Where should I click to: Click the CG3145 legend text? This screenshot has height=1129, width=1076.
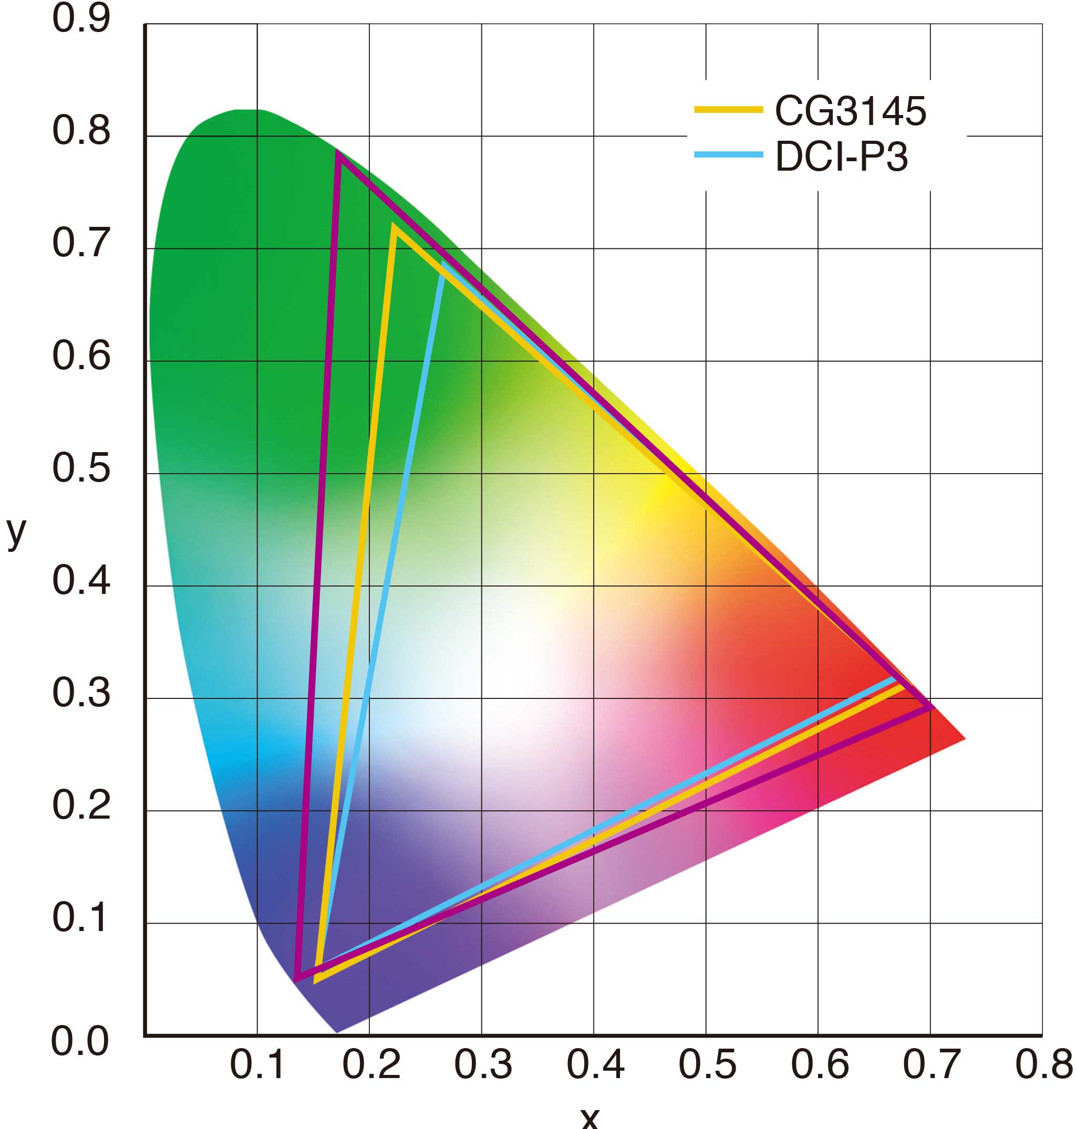pyautogui.click(x=850, y=111)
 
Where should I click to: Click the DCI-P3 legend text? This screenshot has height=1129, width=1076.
pyautogui.click(x=842, y=157)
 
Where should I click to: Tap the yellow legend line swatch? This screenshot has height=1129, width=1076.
pyautogui.click(x=728, y=109)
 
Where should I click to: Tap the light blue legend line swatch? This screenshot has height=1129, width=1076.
pyautogui.click(x=728, y=155)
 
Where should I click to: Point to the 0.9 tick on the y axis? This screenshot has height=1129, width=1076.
pyautogui.click(x=81, y=19)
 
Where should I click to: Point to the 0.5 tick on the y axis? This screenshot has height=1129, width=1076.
pyautogui.click(x=81, y=468)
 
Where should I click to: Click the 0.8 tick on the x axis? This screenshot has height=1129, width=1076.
pyautogui.click(x=1043, y=1065)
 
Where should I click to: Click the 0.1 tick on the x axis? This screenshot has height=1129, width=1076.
pyautogui.click(x=257, y=1065)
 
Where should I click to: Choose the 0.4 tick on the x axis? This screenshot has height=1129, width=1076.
pyautogui.click(x=595, y=1065)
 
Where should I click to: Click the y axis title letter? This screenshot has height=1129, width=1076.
pyautogui.click(x=16, y=531)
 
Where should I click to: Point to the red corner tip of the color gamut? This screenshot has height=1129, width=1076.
pyautogui.click(x=965, y=739)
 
